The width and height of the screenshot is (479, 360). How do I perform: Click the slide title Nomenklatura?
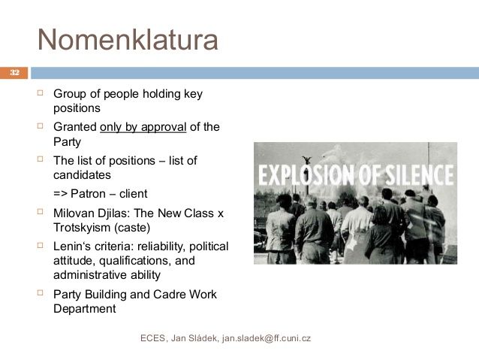[x=128, y=39]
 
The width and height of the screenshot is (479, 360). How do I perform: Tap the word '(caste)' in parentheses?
[x=133, y=227]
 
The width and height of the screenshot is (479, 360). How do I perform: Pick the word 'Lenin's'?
[x=74, y=247]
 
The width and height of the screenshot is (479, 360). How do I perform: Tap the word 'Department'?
[x=85, y=308]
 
